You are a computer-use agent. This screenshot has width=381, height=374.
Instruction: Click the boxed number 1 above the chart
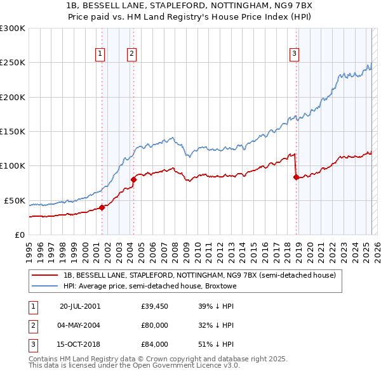pyautogui.click(x=100, y=55)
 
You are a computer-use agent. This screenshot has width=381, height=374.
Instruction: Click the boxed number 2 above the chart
pyautogui.click(x=131, y=55)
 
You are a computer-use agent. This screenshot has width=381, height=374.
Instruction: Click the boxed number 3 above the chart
pyautogui.click(x=295, y=55)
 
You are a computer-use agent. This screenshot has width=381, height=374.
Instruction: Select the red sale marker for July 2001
pyautogui.click(x=102, y=207)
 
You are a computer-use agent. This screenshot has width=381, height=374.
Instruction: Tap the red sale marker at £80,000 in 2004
pyautogui.click(x=133, y=179)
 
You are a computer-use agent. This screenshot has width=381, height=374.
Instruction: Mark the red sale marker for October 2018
pyautogui.click(x=296, y=177)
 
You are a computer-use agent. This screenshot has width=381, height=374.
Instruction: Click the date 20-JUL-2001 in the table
pyautogui.click(x=79, y=306)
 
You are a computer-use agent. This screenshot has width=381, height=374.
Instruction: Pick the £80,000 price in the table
pyautogui.click(x=155, y=325)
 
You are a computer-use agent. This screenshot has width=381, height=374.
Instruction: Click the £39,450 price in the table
pyautogui.click(x=155, y=306)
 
